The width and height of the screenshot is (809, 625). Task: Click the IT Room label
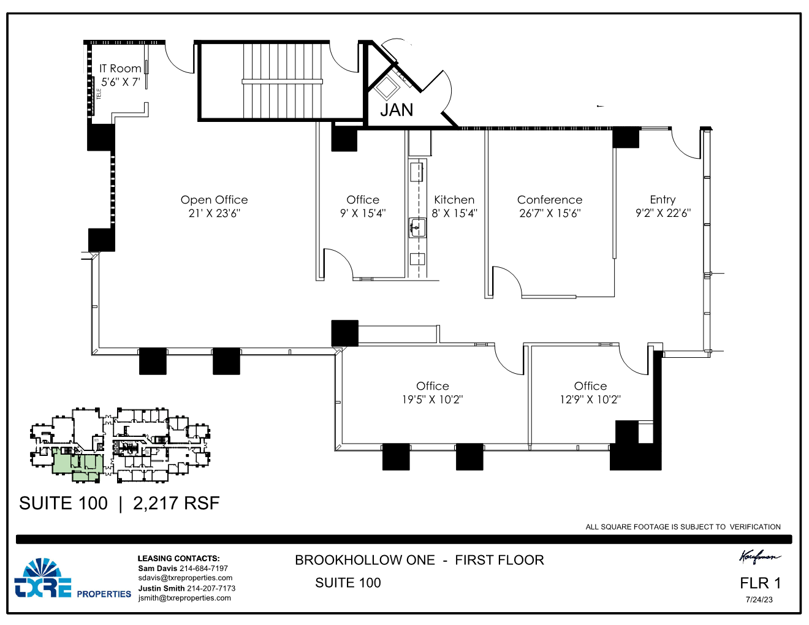(x=120, y=69)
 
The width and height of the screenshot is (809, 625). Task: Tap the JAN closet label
(x=397, y=110)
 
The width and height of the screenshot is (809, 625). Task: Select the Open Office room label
(x=214, y=200)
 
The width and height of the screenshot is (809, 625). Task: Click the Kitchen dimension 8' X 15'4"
(x=454, y=213)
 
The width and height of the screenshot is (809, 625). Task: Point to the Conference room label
(x=550, y=200)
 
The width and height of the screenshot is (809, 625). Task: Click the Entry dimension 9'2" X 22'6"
(x=663, y=213)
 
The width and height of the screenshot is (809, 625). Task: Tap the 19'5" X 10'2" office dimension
(x=432, y=400)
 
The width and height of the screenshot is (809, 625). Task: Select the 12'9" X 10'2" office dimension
(x=590, y=400)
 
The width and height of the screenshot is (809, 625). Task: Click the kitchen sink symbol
(x=417, y=228)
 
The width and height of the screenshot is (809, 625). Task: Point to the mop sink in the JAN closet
(x=387, y=88)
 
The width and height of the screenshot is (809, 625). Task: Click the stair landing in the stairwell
(x=282, y=81)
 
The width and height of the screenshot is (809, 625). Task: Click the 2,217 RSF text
(x=176, y=504)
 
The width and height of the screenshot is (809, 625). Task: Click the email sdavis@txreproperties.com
(x=185, y=578)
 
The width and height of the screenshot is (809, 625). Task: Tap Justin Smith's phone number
(x=211, y=588)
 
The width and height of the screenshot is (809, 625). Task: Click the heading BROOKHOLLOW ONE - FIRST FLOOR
(x=419, y=560)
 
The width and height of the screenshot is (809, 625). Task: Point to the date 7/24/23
(x=759, y=600)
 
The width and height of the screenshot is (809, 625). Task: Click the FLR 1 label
(x=760, y=583)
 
